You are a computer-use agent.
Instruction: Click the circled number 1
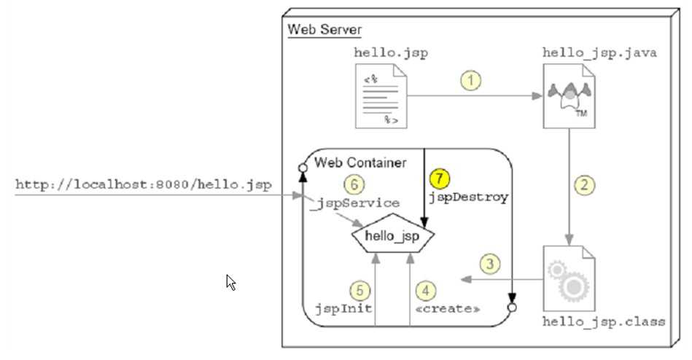(x=472, y=81)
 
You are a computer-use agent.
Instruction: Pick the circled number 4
(x=426, y=290)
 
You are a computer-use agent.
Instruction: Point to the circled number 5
(x=359, y=290)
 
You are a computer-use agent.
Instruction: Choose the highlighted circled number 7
(x=438, y=179)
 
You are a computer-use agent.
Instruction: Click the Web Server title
(x=324, y=30)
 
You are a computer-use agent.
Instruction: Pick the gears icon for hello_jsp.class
(x=568, y=279)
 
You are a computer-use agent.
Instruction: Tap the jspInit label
(x=344, y=308)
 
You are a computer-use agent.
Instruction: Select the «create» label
(x=447, y=308)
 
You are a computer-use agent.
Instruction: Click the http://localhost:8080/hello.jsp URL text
(x=144, y=185)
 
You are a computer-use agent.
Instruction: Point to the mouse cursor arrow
(x=230, y=281)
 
